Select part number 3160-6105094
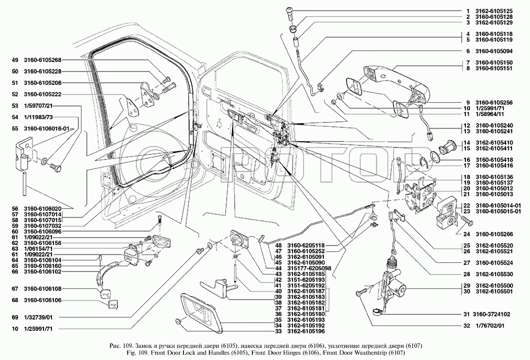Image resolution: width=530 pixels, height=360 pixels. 493,51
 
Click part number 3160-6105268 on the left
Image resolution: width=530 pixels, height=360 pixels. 43,59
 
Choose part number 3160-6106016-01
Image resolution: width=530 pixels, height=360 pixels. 47,128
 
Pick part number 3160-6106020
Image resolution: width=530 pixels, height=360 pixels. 43,209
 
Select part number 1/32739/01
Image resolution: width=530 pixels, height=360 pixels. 37,317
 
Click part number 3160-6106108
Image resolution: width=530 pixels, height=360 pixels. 43,289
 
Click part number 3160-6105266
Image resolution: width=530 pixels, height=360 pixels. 493,234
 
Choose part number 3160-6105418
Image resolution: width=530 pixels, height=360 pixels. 493,160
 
